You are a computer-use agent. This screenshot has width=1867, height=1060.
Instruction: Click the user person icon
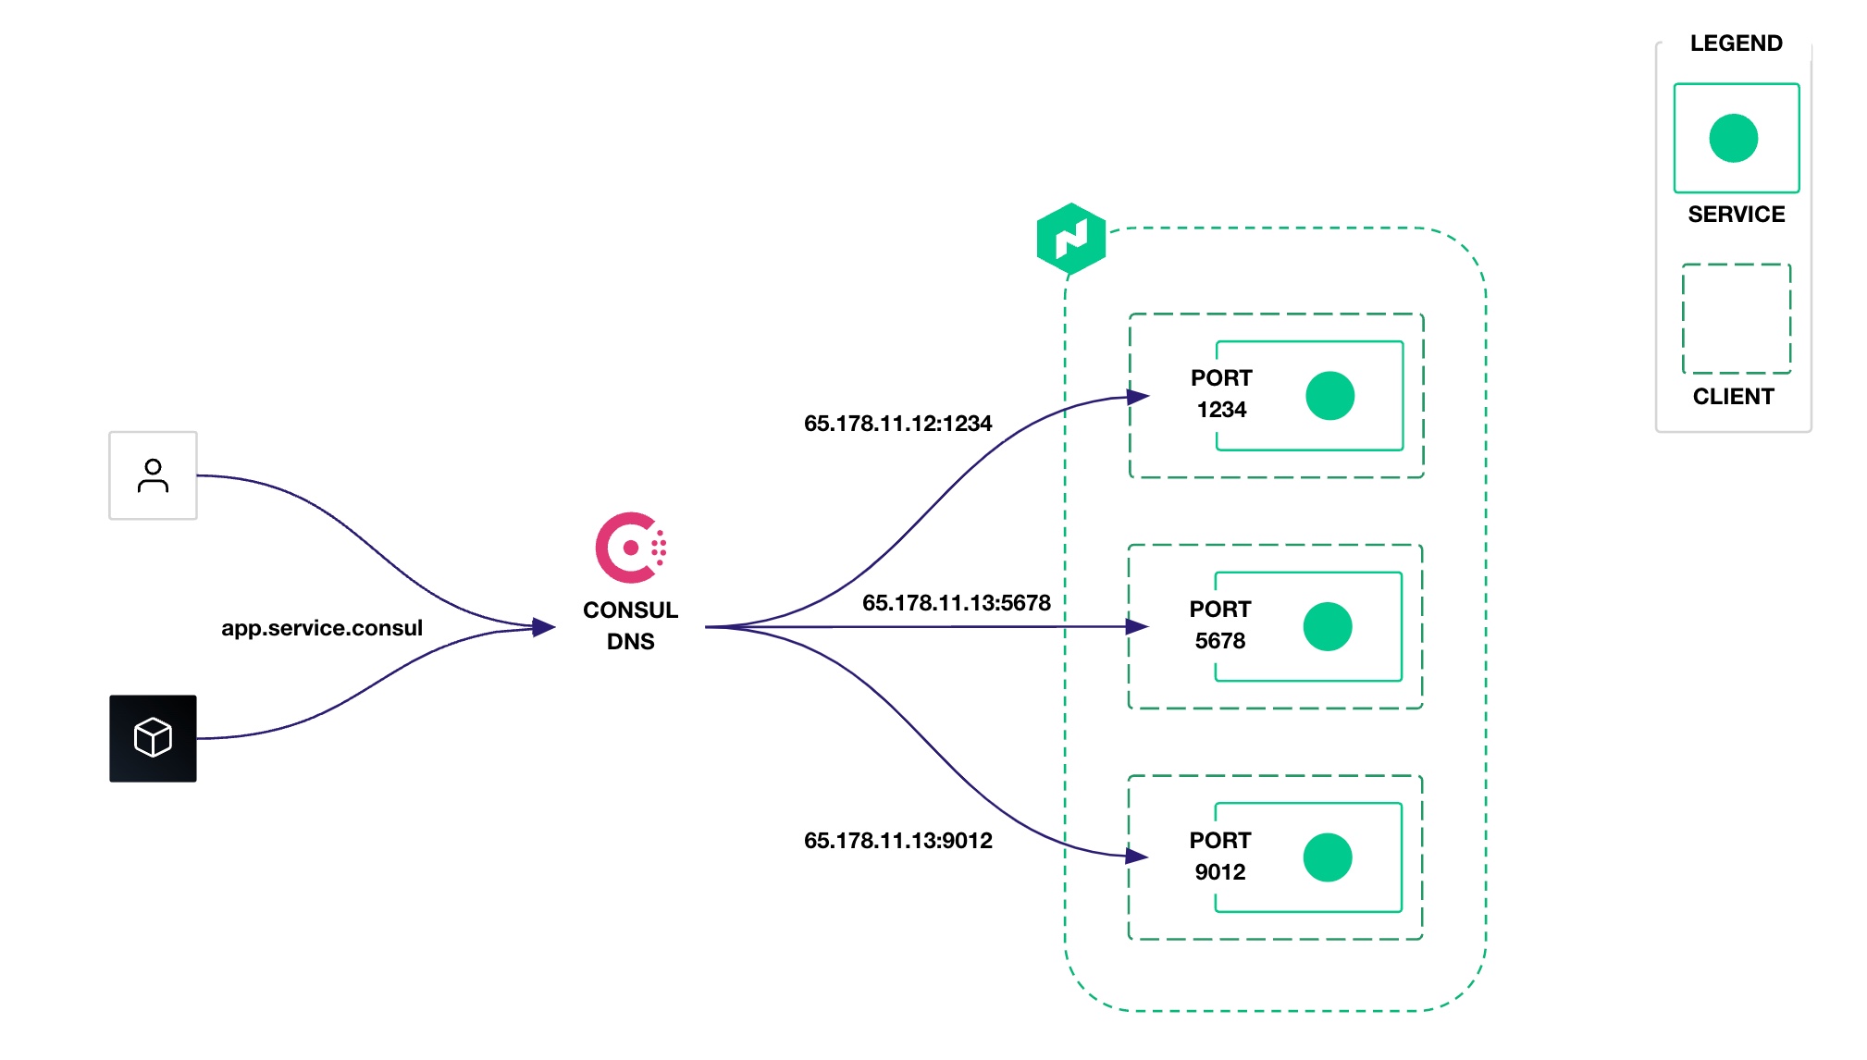coord(153,475)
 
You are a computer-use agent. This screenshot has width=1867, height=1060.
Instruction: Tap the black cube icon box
coord(153,738)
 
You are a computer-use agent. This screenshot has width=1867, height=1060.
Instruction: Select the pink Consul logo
coord(631,548)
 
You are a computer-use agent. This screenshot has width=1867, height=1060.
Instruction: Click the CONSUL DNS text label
coord(630,625)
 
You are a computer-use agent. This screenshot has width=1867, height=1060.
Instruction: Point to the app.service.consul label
coord(322,628)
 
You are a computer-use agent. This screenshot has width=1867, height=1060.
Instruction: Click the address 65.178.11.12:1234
coord(897,424)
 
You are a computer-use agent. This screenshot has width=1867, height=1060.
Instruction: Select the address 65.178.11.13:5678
coord(957,603)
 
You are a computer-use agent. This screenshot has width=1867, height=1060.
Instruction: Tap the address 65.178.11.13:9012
coord(897,841)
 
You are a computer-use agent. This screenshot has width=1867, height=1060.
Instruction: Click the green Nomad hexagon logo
coord(1071,239)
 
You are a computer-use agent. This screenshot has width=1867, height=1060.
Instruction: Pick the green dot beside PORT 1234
coord(1330,396)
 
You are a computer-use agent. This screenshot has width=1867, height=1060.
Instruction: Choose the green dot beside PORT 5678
coord(1328,627)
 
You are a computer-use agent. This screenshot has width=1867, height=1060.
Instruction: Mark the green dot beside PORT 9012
coord(1328,857)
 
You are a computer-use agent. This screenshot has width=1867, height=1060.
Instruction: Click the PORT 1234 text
coord(1221,393)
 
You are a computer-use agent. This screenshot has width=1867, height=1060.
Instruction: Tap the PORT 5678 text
coord(1220,624)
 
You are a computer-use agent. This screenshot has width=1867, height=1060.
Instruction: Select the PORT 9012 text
coord(1220,856)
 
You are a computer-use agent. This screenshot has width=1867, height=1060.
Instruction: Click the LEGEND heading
coord(1736,43)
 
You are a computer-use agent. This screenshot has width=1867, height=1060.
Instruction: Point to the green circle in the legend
coord(1734,138)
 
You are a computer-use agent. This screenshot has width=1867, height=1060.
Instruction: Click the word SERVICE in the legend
coord(1737,215)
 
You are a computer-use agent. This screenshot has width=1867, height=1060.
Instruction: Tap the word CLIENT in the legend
coord(1734,397)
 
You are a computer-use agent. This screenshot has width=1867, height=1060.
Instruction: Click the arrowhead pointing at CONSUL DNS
coord(544,628)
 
